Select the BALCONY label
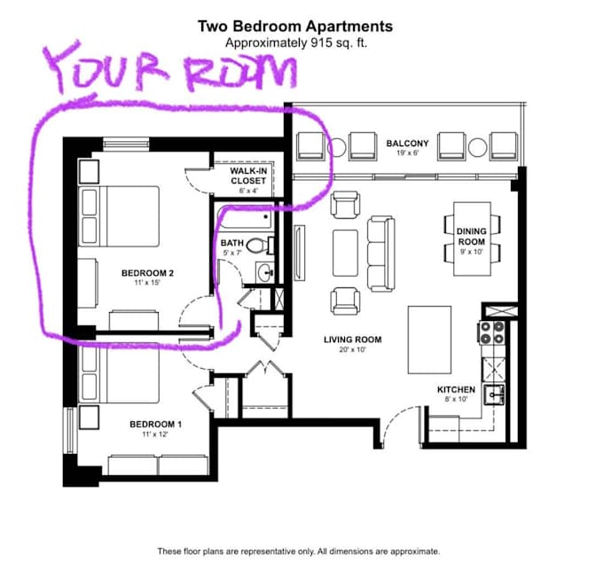click(x=407, y=143)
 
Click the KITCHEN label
click(x=456, y=389)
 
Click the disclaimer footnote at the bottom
click(x=298, y=551)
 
